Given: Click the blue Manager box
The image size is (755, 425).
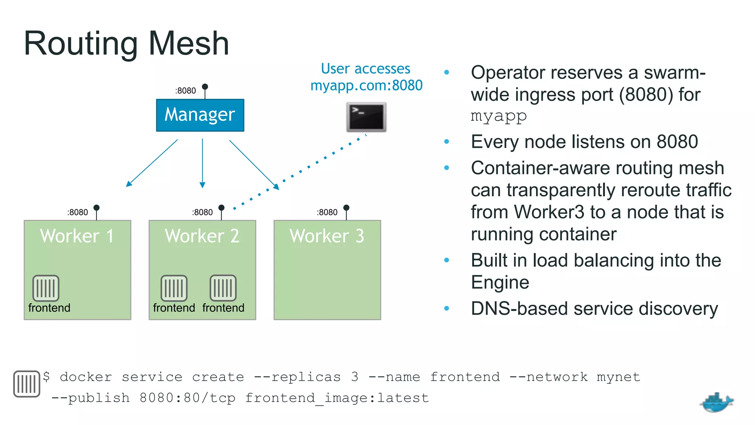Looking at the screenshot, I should (200, 115).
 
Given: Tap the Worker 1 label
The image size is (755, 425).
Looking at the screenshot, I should (77, 236).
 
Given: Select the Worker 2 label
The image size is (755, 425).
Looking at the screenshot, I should (202, 236).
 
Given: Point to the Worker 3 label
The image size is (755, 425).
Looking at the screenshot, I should (327, 236).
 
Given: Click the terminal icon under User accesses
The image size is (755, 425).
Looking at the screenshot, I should (366, 117).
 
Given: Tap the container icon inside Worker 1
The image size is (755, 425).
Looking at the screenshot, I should (46, 288).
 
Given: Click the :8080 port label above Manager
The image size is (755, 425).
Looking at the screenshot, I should (185, 91).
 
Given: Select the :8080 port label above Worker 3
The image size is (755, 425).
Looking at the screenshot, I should (327, 212).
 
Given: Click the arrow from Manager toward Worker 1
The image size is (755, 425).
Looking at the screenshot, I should (152, 163).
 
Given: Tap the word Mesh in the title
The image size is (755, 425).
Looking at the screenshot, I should (189, 44).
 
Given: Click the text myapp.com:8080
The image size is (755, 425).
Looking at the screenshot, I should (366, 86).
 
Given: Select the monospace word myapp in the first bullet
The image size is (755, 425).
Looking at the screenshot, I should (499, 116).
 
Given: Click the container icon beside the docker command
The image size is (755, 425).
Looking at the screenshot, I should (27, 384).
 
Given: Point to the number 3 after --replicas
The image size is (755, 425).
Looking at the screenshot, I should (355, 377).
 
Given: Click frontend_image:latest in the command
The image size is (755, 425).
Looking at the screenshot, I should (337, 398).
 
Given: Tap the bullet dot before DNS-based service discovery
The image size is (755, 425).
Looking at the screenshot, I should (447, 308).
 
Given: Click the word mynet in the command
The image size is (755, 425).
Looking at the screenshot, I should (618, 377).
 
